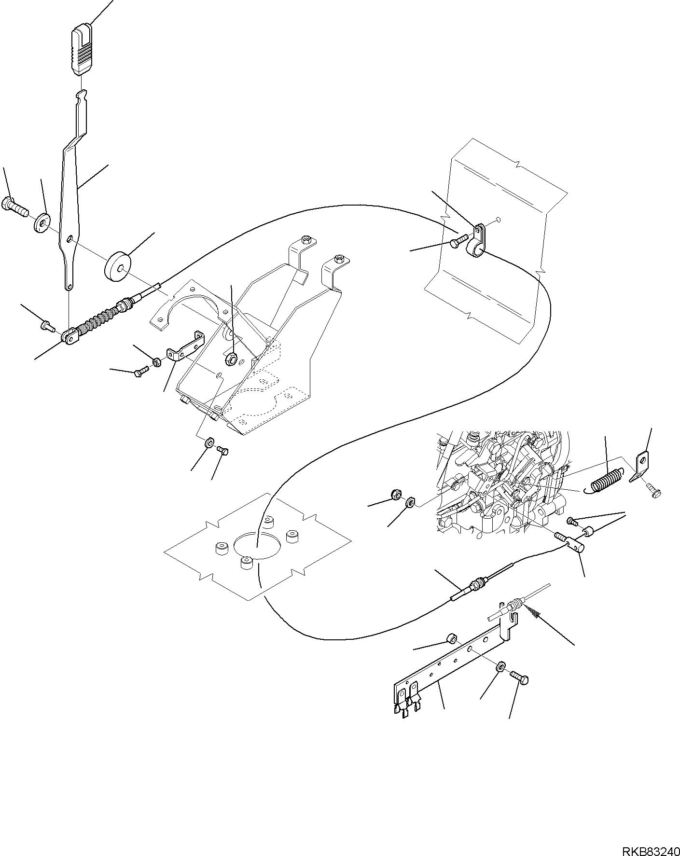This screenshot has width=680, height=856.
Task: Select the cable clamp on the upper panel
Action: pyautogui.click(x=478, y=241)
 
